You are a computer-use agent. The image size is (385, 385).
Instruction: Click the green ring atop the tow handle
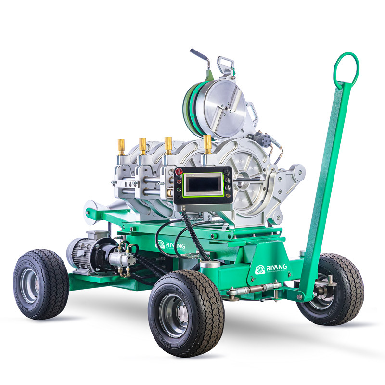point(346,67)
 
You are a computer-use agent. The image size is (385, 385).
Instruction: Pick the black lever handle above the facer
point(198,55)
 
